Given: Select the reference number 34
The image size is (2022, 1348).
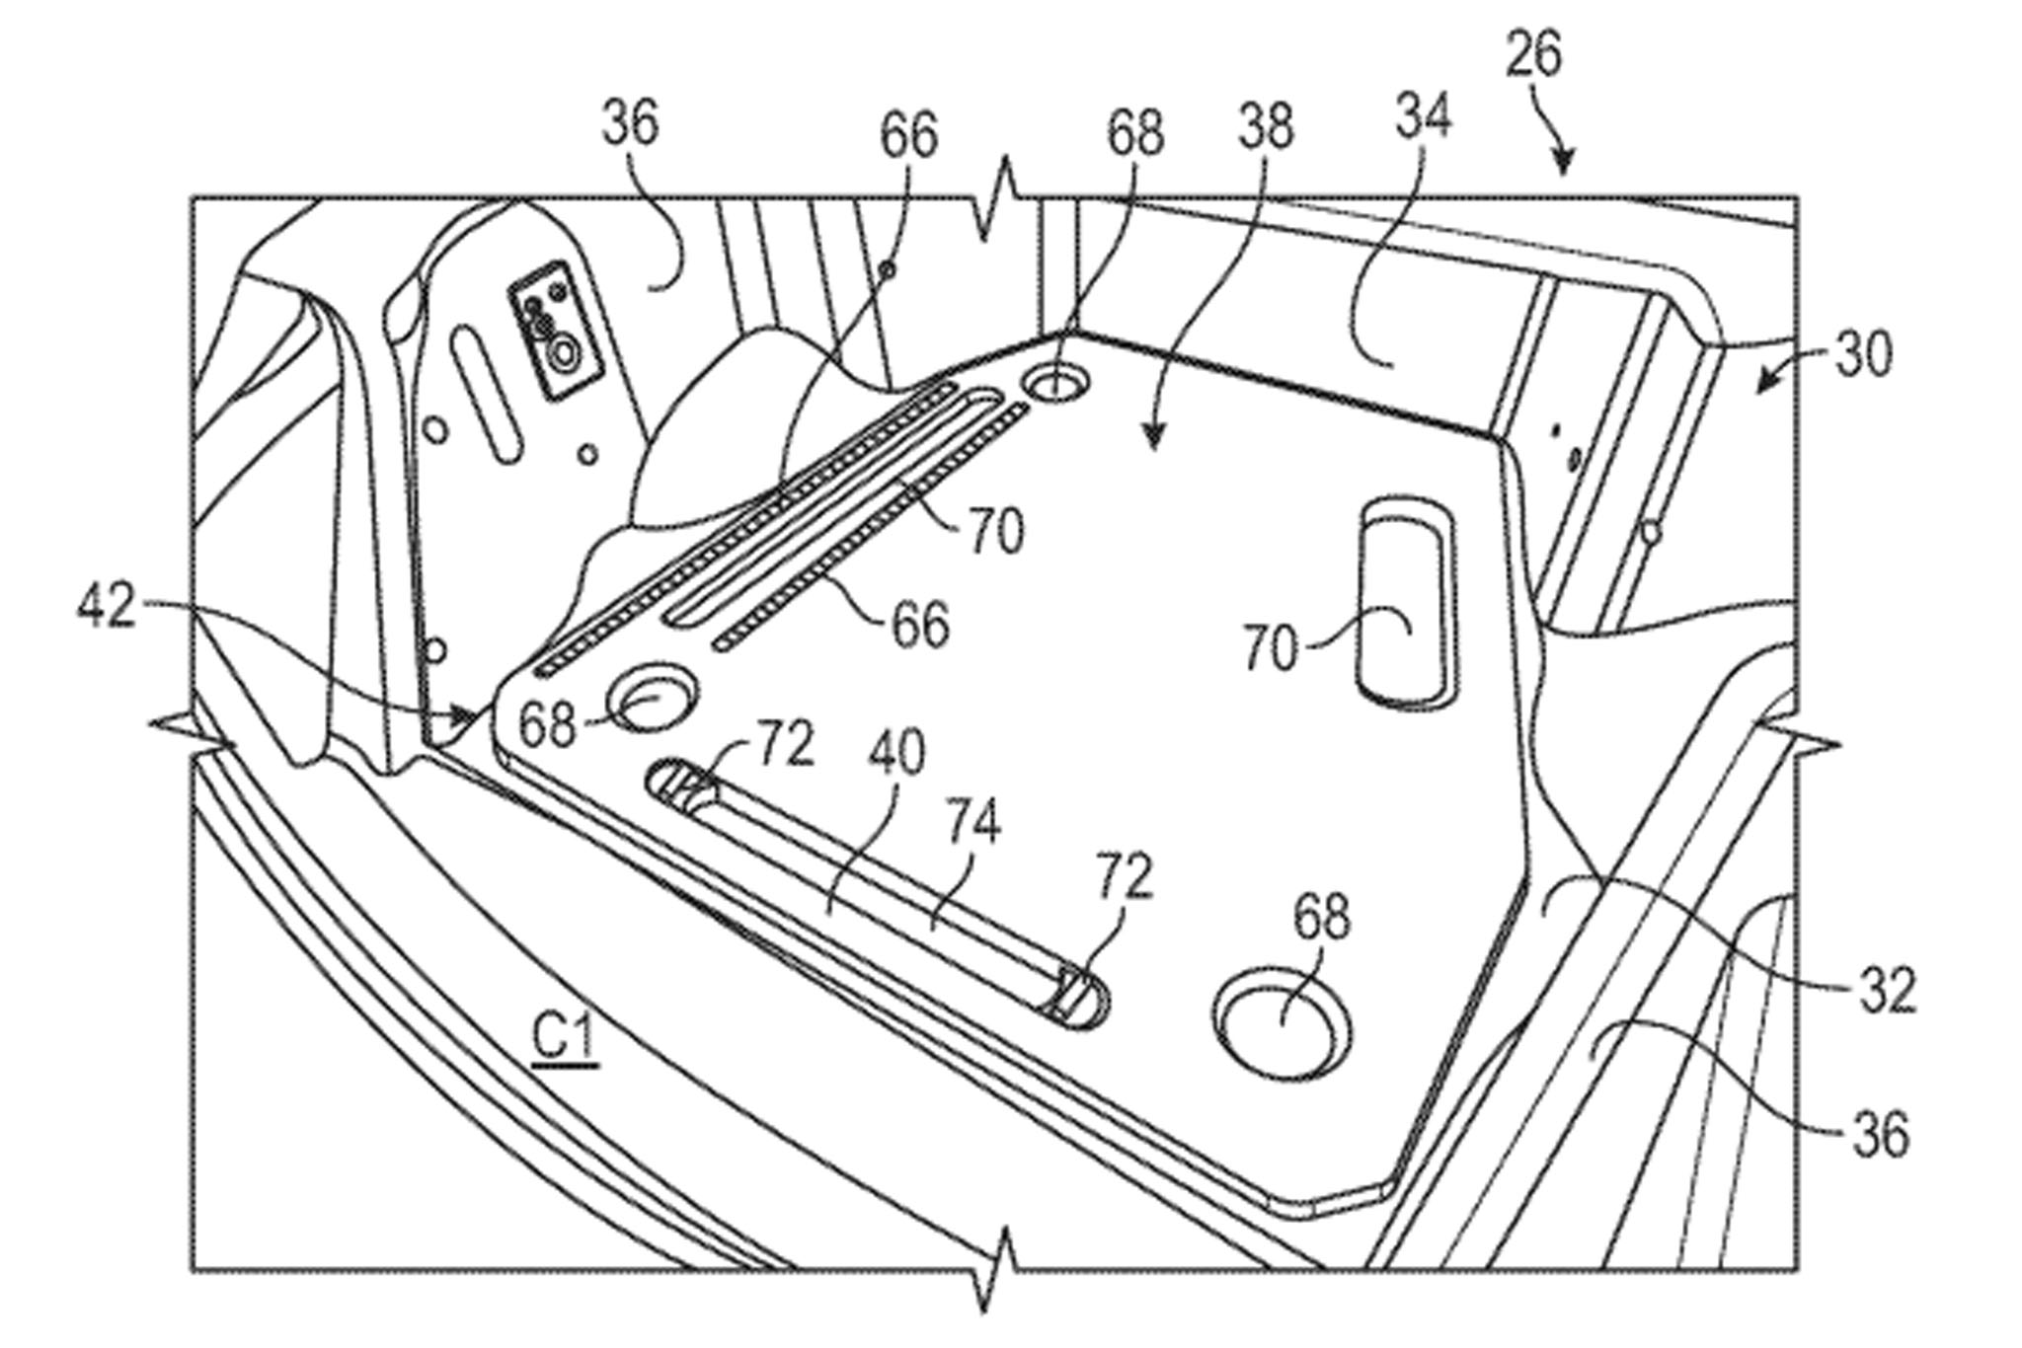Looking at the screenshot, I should [1423, 117].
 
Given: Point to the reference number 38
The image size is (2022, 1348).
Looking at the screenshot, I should [1265, 128].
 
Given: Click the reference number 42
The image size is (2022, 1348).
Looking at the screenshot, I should [106, 607].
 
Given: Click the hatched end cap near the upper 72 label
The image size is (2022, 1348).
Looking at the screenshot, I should [686, 786].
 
